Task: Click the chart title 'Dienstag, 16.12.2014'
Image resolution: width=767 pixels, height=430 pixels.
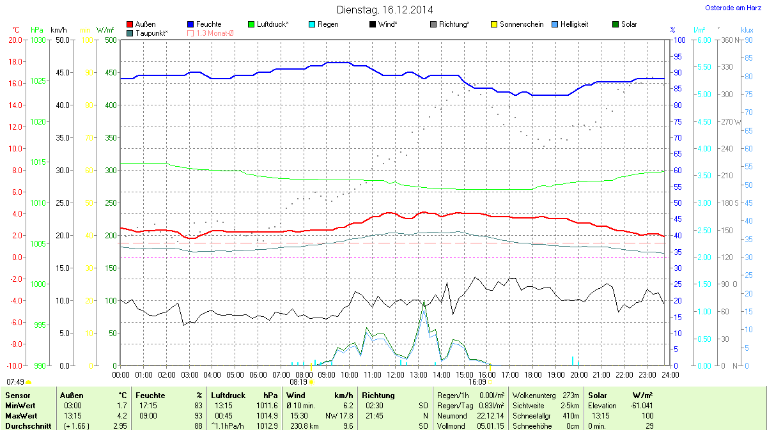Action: (384, 10)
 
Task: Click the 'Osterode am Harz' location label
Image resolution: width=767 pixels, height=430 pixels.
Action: (734, 8)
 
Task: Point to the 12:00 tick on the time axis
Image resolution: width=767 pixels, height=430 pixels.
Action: (395, 374)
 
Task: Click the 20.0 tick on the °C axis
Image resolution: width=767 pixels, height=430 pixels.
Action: (15, 40)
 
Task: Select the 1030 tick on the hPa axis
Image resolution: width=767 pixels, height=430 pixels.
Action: (38, 40)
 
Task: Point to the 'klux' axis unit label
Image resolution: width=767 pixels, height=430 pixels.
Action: (747, 30)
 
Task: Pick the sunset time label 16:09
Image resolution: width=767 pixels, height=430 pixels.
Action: (477, 381)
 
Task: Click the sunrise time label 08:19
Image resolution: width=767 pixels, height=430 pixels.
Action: (298, 381)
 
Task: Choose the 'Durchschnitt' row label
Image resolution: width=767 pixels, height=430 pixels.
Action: (27, 426)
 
